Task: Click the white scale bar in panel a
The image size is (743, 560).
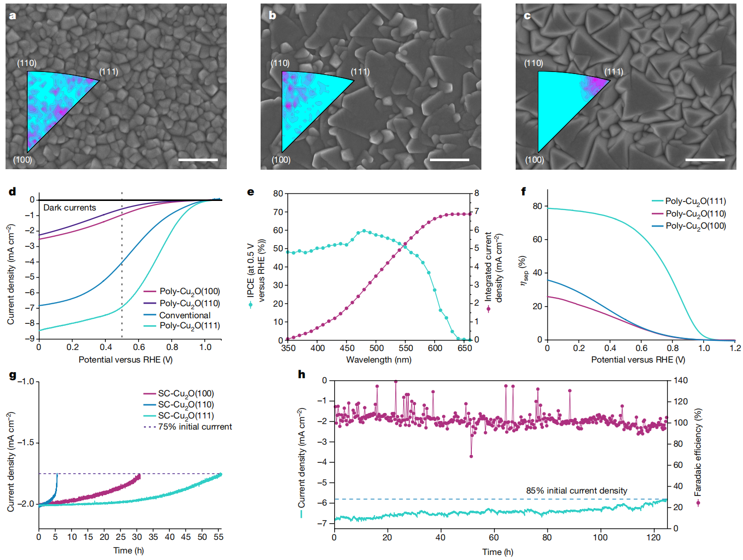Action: [x=198, y=160]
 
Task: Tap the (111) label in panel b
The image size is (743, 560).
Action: [x=360, y=72]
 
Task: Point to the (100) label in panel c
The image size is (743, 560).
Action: [x=534, y=160]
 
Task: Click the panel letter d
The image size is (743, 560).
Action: [x=12, y=191]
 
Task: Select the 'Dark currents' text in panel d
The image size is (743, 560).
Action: [x=70, y=207]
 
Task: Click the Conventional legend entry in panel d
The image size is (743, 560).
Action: [x=184, y=315]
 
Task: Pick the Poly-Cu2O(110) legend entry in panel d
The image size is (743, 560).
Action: [x=190, y=303]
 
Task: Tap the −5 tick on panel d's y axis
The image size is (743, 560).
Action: [x=31, y=277]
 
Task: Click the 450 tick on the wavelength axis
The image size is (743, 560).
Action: [x=347, y=348]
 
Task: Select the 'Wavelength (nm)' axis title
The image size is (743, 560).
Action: [x=379, y=360]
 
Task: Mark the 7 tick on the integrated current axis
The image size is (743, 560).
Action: [x=476, y=212]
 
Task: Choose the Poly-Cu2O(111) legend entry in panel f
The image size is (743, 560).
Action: [x=695, y=201]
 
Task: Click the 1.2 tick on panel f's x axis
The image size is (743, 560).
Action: [x=735, y=348]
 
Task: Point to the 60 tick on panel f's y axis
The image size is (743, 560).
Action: [x=537, y=239]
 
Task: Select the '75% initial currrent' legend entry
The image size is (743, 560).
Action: [x=195, y=427]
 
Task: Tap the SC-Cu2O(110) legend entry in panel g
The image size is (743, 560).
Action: [x=185, y=404]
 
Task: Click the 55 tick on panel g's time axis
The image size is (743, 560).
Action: [x=218, y=537]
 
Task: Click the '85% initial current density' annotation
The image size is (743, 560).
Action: [x=577, y=491]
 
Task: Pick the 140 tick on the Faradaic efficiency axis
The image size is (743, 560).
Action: [x=680, y=381]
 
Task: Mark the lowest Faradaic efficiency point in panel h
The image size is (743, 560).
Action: [x=471, y=456]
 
